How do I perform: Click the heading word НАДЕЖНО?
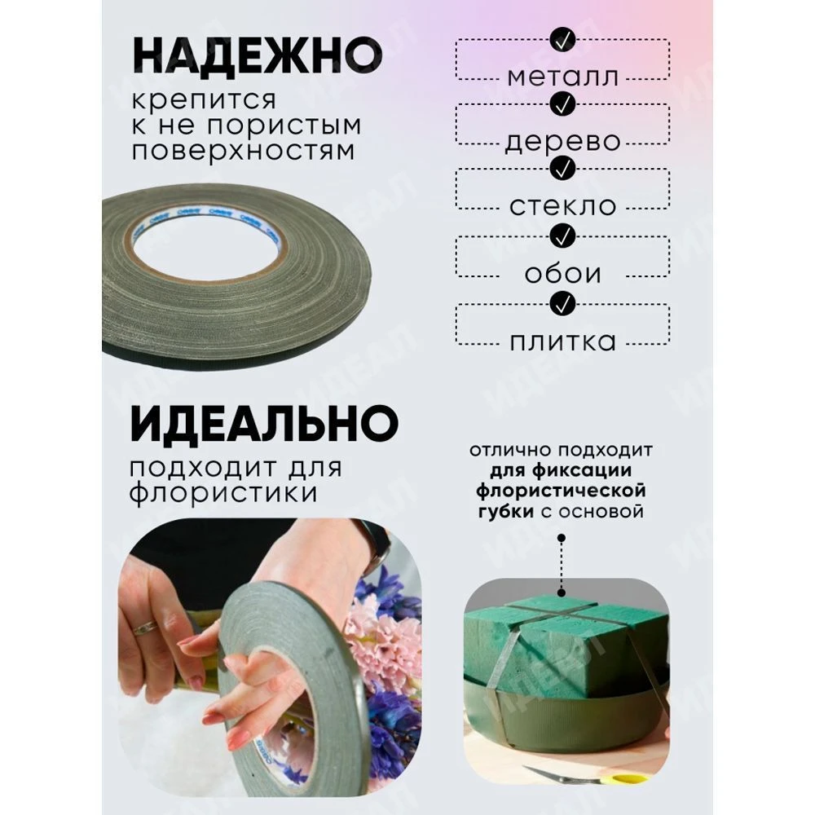tap(258, 55)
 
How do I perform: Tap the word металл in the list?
tap(563, 77)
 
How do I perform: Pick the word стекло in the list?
tap(563, 206)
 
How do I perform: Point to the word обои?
tap(563, 273)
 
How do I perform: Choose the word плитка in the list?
tap(563, 341)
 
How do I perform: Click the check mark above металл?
tap(562, 39)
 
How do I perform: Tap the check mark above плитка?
tap(562, 304)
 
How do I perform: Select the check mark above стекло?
tap(562, 168)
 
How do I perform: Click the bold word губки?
tap(506, 513)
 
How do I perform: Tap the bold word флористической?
tap(561, 491)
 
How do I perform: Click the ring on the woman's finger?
tap(146, 628)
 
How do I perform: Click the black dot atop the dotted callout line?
tap(562, 538)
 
